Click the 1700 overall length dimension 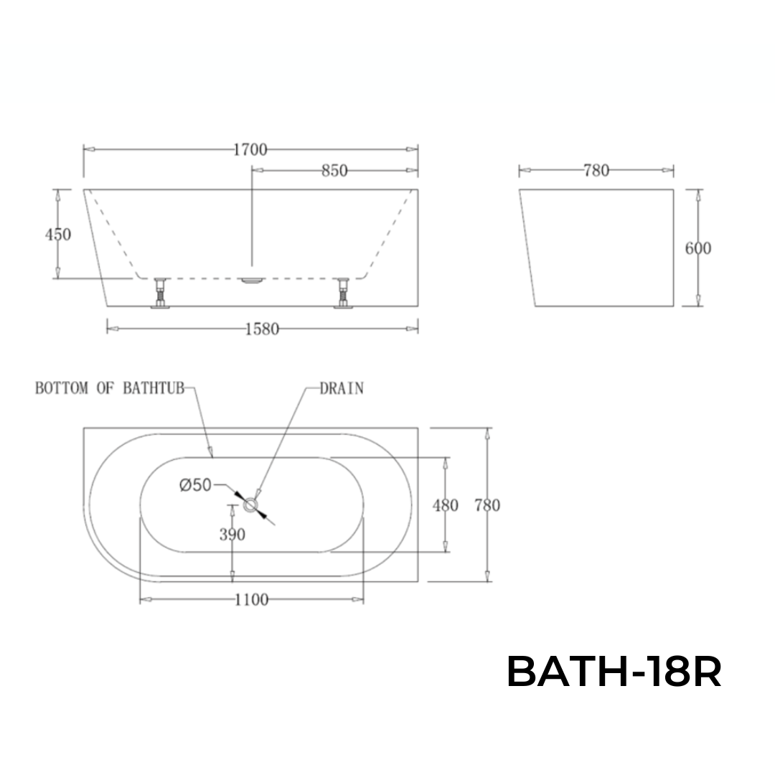click(250, 149)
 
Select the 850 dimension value click(334, 171)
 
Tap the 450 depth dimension click(58, 234)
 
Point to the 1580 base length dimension click(262, 329)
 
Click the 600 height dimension click(697, 248)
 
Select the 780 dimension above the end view click(596, 170)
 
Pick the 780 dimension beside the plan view click(487, 505)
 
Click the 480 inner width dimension click(445, 505)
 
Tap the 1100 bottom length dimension click(251, 599)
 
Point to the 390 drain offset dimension click(232, 535)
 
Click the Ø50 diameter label click(194, 485)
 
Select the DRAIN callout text click(342, 388)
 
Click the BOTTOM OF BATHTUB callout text click(110, 388)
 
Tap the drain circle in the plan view click(250, 506)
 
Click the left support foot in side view click(161, 293)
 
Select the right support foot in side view click(343, 293)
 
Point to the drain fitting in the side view click(251, 281)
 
